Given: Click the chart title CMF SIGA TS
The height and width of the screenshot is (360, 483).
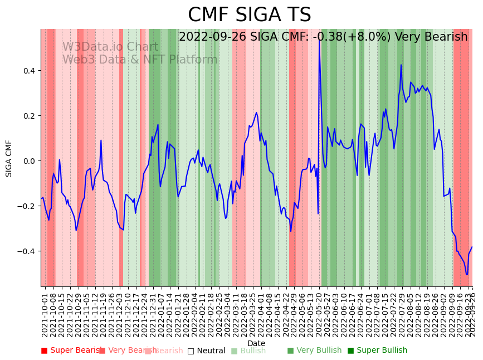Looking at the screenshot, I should click(x=249, y=15).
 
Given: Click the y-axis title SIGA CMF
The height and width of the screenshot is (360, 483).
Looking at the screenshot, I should click(x=9, y=158).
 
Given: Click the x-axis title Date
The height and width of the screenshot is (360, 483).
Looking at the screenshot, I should click(x=256, y=343).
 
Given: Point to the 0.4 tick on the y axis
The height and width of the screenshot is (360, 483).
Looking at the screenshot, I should click(x=29, y=71).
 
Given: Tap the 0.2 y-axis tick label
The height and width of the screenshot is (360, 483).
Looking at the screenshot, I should click(x=29, y=116).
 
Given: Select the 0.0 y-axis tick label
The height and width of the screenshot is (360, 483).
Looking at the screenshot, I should click(x=29, y=161).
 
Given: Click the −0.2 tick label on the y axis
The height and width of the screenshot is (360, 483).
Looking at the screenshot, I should click(x=27, y=206).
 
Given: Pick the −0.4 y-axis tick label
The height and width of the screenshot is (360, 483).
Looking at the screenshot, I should click(x=27, y=251).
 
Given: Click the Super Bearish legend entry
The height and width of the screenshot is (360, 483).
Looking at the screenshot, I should click(x=70, y=351).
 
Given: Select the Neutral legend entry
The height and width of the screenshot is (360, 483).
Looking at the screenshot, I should click(x=207, y=351).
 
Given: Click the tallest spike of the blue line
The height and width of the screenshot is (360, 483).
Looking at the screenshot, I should click(x=319, y=38).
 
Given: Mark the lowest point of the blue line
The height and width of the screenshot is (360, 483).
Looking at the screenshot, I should click(x=467, y=274).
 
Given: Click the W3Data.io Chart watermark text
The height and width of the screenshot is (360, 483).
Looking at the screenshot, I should click(x=110, y=47).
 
